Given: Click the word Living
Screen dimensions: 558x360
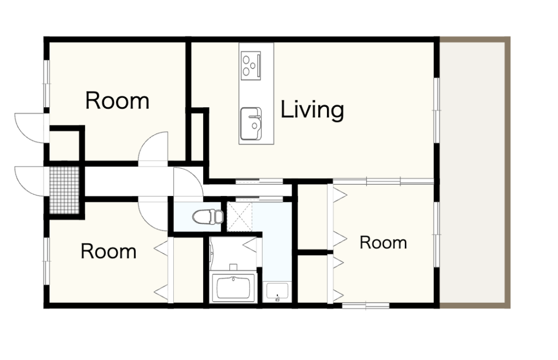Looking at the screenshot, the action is (x=312, y=110).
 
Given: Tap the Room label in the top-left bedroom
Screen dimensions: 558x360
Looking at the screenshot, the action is (x=117, y=101).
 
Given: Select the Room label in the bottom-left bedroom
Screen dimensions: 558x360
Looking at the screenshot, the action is (x=108, y=251).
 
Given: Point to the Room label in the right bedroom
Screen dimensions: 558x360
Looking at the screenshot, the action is (x=383, y=242).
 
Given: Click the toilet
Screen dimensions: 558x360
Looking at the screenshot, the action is (x=208, y=216).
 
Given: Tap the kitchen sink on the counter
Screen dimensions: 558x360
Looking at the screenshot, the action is (x=251, y=124).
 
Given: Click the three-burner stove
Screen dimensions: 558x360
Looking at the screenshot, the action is (x=251, y=65).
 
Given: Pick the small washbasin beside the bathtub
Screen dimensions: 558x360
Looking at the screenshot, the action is (x=277, y=291).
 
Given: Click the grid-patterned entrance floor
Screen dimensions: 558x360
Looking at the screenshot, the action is (x=64, y=190).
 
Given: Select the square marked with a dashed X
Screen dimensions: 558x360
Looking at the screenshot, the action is (x=240, y=216).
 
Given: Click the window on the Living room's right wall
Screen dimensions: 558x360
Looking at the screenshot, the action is (x=436, y=110).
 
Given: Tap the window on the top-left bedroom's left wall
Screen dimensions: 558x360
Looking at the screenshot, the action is (x=47, y=83).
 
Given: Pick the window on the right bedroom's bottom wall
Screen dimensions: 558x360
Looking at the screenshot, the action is (x=366, y=306).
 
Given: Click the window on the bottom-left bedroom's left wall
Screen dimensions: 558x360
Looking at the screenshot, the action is (x=47, y=261).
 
